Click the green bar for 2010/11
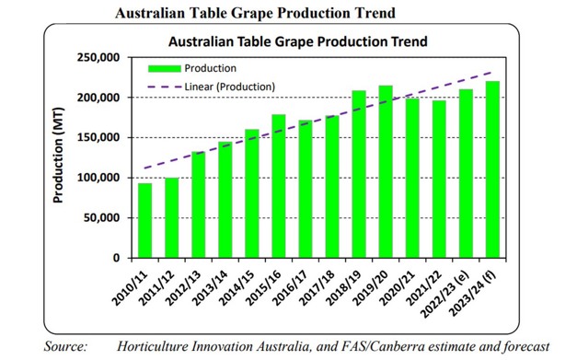145,220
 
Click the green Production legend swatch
164,68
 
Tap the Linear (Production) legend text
230,87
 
